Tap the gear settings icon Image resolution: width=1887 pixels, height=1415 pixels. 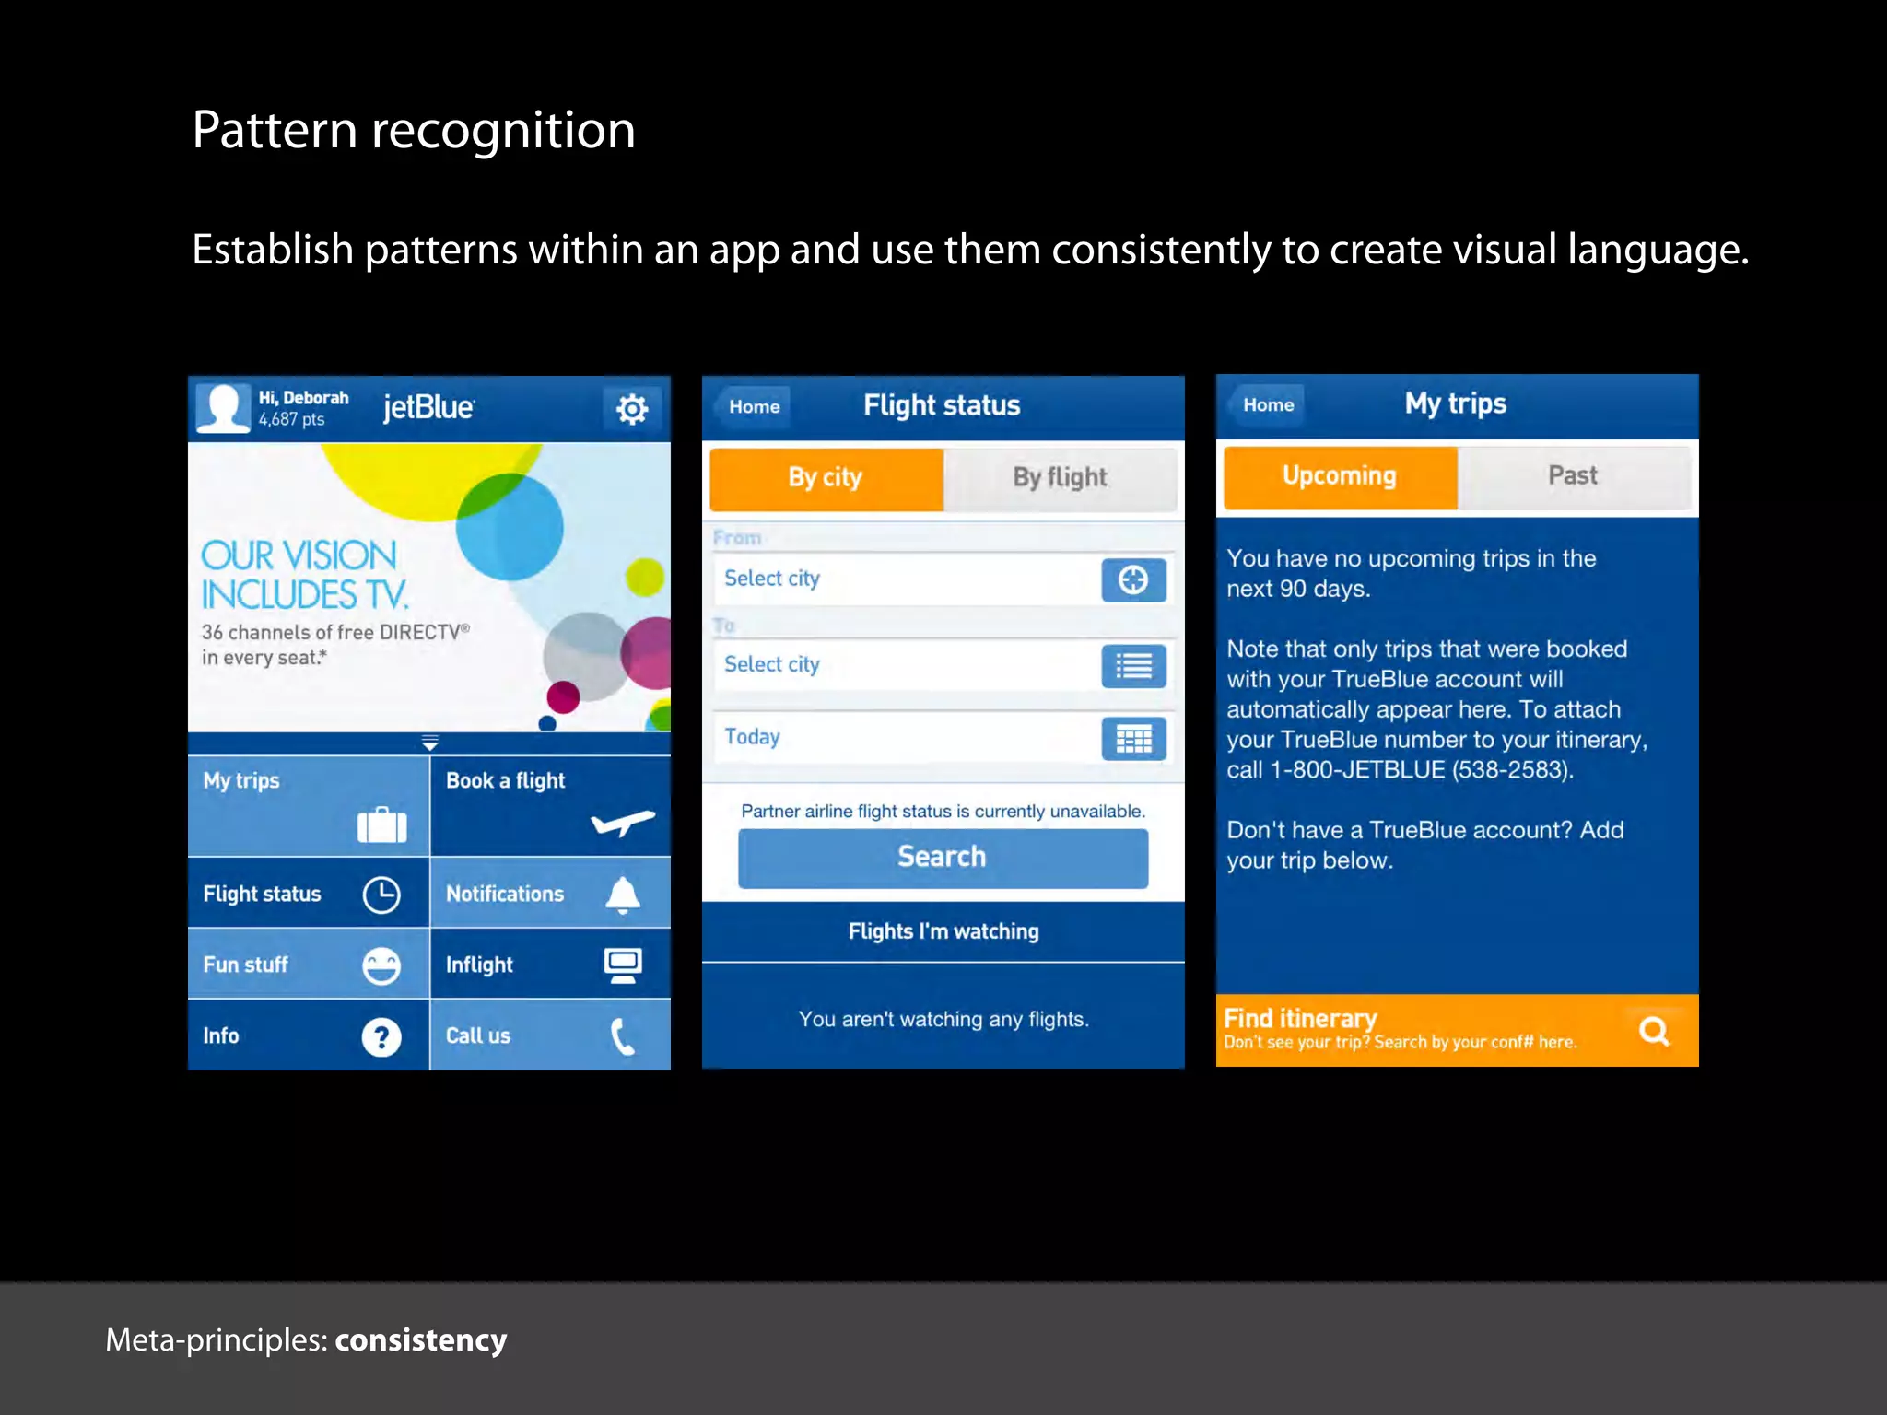click(632, 408)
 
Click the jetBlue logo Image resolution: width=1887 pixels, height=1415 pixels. click(428, 406)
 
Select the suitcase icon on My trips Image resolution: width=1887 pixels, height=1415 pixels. click(381, 824)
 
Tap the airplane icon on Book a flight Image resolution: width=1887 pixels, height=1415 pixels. click(623, 821)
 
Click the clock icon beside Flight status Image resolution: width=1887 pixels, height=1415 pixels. click(381, 895)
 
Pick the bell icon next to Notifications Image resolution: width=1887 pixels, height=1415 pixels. click(623, 895)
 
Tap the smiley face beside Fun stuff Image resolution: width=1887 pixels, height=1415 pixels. click(381, 965)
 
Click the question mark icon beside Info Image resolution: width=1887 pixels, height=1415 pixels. click(381, 1037)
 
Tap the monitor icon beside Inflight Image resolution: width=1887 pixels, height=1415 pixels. click(623, 965)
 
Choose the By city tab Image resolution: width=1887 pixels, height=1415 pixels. click(826, 478)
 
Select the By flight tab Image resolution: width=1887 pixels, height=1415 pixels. click(1060, 478)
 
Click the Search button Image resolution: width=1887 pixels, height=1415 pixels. click(943, 858)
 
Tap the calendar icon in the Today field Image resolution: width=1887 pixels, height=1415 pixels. click(1133, 739)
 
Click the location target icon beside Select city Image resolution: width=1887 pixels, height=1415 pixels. click(1133, 579)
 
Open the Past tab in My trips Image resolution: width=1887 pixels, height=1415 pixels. click(1573, 476)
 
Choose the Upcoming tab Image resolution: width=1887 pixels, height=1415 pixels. click(1340, 476)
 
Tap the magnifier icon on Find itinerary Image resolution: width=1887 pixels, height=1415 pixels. click(1654, 1031)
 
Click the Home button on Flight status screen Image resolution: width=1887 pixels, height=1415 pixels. click(755, 407)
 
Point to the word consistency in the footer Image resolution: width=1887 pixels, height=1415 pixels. click(421, 1340)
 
